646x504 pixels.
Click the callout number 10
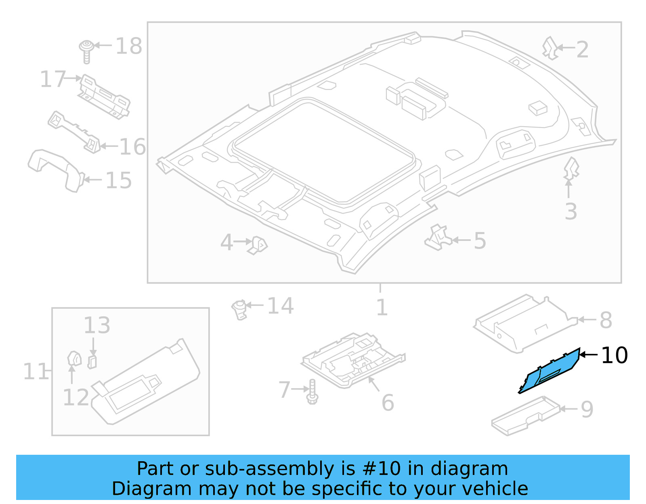pos(614,356)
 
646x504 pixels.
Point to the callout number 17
pos(52,79)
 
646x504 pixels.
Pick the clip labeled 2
pos(550,48)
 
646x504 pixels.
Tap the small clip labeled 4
pos(258,245)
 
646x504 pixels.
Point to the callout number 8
pos(606,320)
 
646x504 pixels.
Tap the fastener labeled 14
pos(239,310)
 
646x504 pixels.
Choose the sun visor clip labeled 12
pos(74,359)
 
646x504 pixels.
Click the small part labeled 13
pos(92,362)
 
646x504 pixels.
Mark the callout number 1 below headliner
pos(382,307)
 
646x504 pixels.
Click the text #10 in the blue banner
pos(382,469)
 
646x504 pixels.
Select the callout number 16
pos(132,147)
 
